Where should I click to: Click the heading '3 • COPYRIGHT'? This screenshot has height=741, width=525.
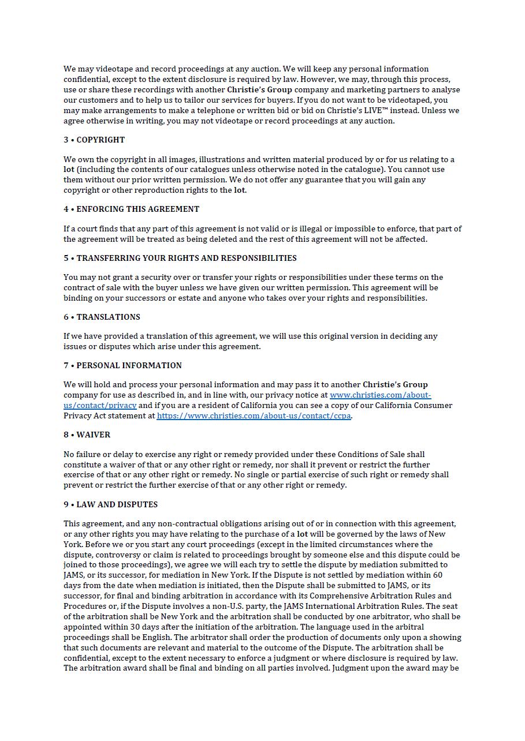(x=94, y=140)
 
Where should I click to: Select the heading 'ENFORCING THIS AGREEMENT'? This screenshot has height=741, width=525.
(x=137, y=209)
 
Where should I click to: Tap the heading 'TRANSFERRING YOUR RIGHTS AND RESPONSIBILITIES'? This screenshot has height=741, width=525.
(x=186, y=258)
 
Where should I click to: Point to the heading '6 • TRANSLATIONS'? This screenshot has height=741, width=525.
(x=102, y=317)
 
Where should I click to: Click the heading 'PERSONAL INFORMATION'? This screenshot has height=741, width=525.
(x=129, y=365)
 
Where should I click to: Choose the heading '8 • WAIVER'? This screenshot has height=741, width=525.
(x=87, y=435)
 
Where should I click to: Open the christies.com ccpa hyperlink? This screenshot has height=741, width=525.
(x=254, y=416)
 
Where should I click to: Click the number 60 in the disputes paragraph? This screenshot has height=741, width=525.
(x=437, y=575)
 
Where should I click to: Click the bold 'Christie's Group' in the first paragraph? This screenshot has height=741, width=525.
(x=259, y=89)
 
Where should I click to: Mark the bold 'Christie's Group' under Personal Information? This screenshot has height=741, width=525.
(x=395, y=384)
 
